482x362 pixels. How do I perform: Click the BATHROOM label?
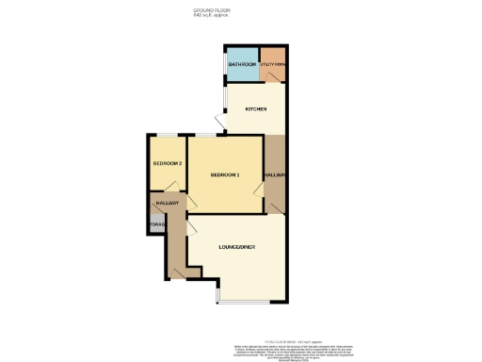point(243,64)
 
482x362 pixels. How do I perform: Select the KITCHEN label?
point(256,109)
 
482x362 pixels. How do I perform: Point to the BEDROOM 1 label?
point(225,174)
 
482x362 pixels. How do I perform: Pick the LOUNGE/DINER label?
point(237,247)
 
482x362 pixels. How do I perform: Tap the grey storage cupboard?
point(156,224)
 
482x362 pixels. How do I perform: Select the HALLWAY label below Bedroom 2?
point(167,203)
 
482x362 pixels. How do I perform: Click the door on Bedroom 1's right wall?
point(258,192)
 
